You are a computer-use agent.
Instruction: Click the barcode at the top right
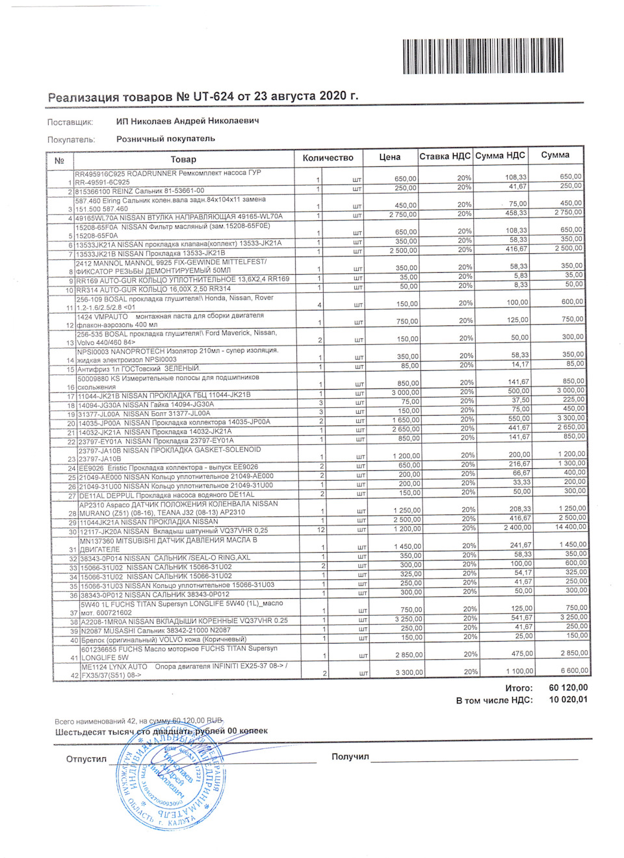(x=482, y=56)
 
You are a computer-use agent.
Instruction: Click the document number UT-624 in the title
(x=213, y=96)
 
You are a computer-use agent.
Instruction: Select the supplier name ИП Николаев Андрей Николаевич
(x=187, y=121)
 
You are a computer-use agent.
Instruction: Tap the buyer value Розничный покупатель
(x=165, y=138)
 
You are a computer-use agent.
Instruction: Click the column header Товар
(x=183, y=159)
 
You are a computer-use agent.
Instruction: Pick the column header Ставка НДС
(x=445, y=157)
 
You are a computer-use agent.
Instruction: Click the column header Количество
(x=328, y=158)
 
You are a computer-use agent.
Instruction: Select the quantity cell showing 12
(x=320, y=530)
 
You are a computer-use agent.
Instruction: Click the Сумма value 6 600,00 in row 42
(x=574, y=670)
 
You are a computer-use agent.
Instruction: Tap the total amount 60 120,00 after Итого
(x=568, y=687)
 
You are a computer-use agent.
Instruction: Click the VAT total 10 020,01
(x=568, y=700)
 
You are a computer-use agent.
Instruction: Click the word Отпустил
(x=86, y=759)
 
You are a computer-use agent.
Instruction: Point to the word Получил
(x=350, y=757)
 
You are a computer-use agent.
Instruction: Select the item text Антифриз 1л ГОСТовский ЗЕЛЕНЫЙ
(x=140, y=368)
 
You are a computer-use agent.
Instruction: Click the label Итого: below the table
(x=519, y=688)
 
